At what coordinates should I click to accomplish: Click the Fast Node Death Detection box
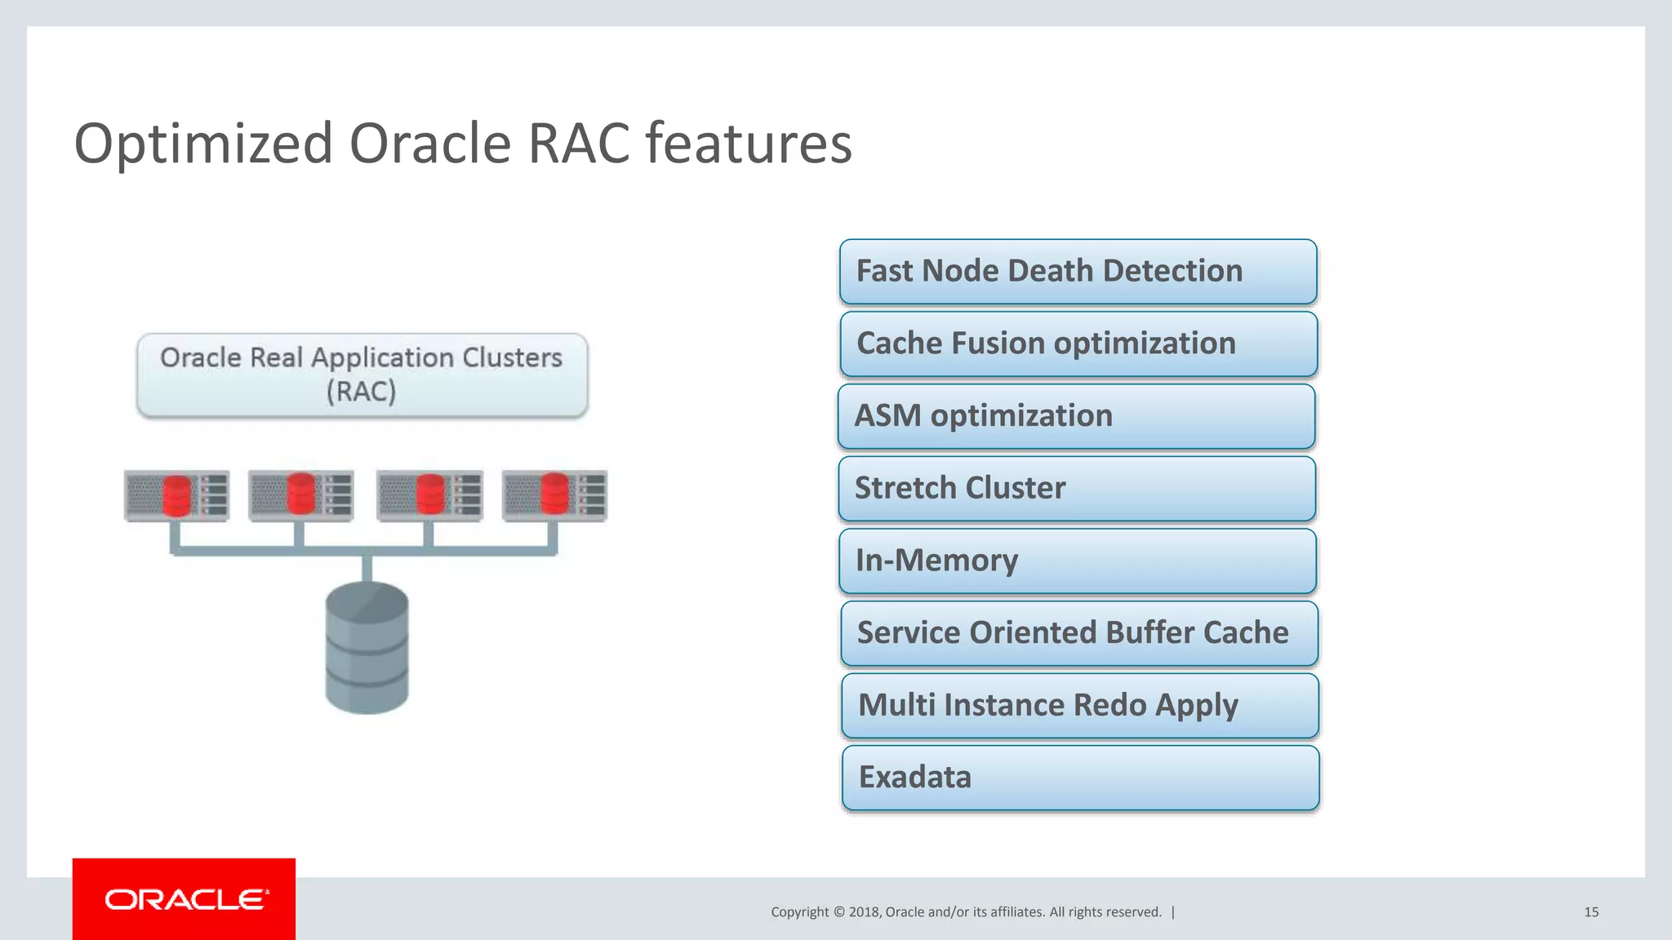[1078, 272]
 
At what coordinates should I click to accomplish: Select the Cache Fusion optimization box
[1078, 344]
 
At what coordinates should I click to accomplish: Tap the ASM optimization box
[1076, 416]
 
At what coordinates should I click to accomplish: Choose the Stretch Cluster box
[1076, 489]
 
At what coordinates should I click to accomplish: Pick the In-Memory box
[1077, 561]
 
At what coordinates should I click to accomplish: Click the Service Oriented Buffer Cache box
[1078, 633]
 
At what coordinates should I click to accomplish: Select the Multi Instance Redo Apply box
[1079, 706]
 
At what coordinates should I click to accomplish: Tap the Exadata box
[1080, 778]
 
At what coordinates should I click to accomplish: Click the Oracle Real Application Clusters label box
[362, 375]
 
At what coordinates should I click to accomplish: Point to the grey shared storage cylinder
[367, 649]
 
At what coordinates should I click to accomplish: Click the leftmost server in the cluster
[176, 494]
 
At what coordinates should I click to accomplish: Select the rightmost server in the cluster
[554, 494]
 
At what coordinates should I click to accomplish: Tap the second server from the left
[300, 494]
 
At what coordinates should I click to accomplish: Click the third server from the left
[429, 494]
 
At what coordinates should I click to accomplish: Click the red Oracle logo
[184, 899]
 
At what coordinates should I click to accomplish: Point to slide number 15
[1590, 912]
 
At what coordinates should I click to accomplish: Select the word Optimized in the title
[203, 144]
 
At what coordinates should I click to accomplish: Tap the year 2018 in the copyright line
[864, 912]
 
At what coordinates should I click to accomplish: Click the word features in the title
[749, 144]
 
